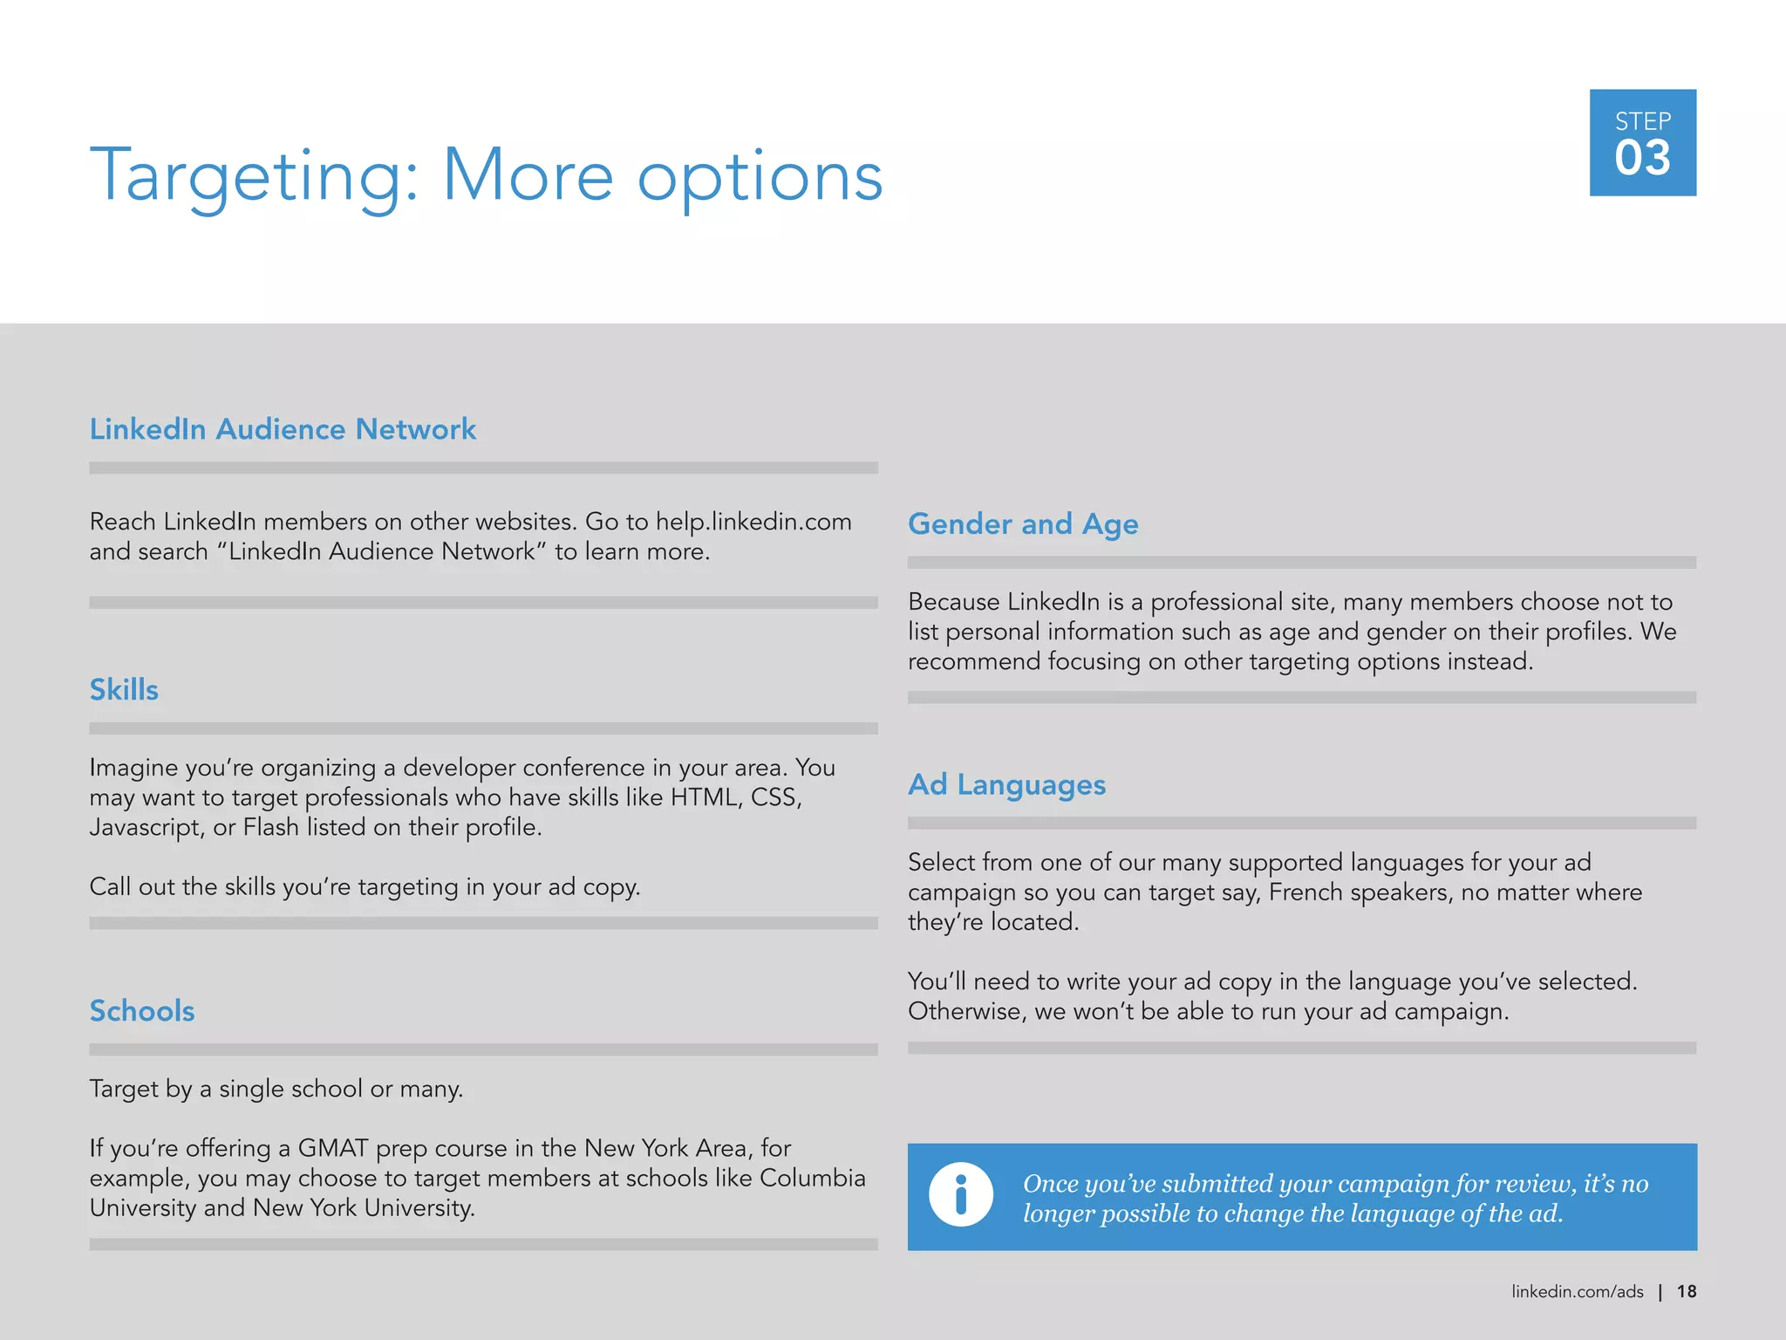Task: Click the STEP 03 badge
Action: click(1642, 142)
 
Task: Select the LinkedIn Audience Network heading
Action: click(283, 429)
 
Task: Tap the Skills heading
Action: click(124, 690)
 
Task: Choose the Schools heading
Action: click(142, 1011)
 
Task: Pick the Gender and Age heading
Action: click(1023, 524)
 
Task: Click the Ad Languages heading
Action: click(1006, 785)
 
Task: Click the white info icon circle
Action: click(960, 1195)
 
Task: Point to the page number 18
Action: click(1687, 1292)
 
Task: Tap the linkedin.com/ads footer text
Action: click(1577, 1292)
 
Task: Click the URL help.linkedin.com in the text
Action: click(753, 522)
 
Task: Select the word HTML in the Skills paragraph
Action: click(705, 797)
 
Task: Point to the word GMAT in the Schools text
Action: click(333, 1148)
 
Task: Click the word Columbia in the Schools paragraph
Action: click(812, 1178)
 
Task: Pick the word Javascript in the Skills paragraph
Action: click(147, 828)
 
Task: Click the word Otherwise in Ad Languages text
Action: click(965, 1012)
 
